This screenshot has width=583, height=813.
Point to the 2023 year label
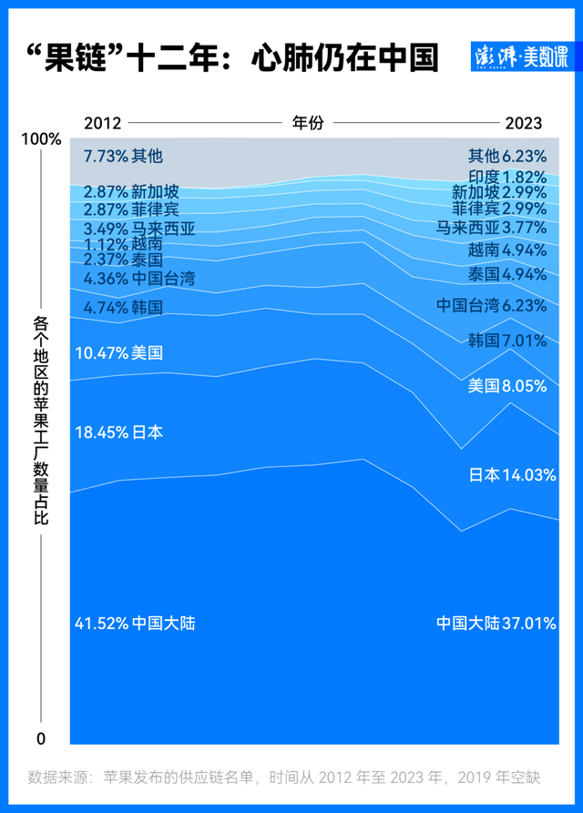pos(524,123)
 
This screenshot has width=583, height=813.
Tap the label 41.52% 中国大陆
pos(135,624)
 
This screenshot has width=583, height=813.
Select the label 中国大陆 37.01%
pos(496,624)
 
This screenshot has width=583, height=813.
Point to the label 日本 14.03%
pos(512,474)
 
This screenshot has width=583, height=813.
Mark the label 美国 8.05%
pos(507,386)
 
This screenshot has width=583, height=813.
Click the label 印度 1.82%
pos(507,177)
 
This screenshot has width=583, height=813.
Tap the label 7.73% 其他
pos(123,157)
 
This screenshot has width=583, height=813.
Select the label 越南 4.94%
pos(507,249)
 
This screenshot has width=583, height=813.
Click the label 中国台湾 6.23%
pos(492,305)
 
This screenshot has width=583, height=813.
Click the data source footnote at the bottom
pos(284,777)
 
